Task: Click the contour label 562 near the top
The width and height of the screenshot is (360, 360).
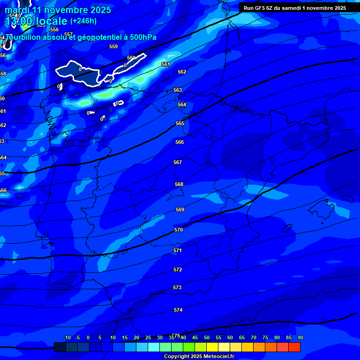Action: coord(182,72)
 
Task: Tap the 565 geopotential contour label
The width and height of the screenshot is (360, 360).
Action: coord(180,123)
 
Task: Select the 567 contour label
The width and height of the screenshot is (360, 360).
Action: coord(178,162)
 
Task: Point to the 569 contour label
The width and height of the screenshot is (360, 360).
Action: coord(180,210)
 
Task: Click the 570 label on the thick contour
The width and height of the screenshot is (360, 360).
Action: coord(178,230)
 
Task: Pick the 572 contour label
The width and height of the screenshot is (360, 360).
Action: coord(178,270)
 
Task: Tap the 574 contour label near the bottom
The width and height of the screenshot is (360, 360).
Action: coord(178,310)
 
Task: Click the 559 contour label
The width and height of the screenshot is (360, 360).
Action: coord(113,46)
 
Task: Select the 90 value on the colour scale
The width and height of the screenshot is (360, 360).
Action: coord(300,337)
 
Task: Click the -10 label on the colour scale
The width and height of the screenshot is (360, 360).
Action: coord(67,337)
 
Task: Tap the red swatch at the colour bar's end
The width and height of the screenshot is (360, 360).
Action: coord(294,347)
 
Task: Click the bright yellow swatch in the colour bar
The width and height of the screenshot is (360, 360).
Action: coord(212,347)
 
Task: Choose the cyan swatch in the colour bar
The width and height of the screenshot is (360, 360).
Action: coord(153,347)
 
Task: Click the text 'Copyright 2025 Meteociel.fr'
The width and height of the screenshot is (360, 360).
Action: coord(199,356)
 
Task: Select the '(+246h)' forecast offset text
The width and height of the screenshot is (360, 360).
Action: coord(83,21)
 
